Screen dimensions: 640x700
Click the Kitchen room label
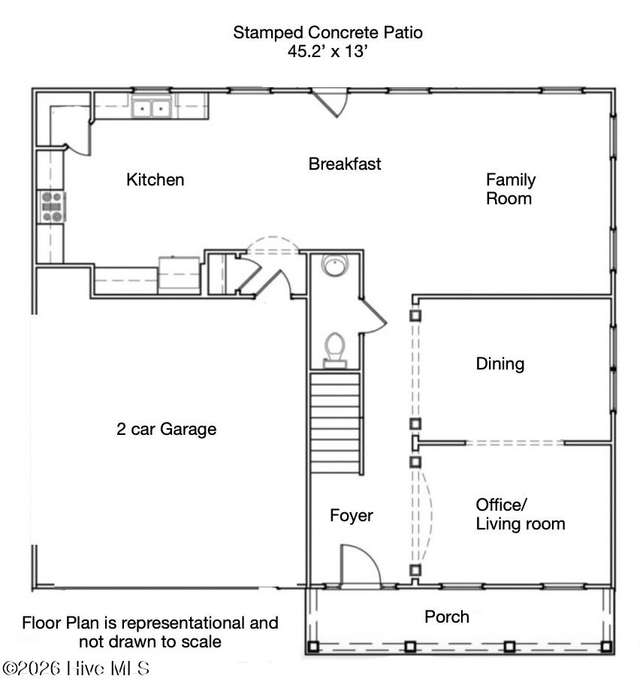155,180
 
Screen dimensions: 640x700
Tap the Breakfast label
344,164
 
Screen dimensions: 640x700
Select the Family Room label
511,189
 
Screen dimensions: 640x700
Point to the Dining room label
500,364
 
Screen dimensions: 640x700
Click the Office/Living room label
521,514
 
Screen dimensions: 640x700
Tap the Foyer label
351,516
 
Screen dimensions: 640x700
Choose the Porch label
447,617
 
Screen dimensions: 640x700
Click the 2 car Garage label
166,429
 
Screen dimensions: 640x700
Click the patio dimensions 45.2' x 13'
328,51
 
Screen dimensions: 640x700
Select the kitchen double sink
151,108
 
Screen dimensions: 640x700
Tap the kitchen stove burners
52,207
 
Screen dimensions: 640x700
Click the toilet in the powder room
335,350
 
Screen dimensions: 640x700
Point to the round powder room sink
334,265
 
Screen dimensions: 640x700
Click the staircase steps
335,423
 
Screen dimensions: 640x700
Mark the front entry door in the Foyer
361,565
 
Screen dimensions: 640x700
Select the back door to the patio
331,102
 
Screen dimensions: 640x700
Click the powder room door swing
372,315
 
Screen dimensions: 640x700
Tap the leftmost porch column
313,646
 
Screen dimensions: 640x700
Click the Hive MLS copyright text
76,668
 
